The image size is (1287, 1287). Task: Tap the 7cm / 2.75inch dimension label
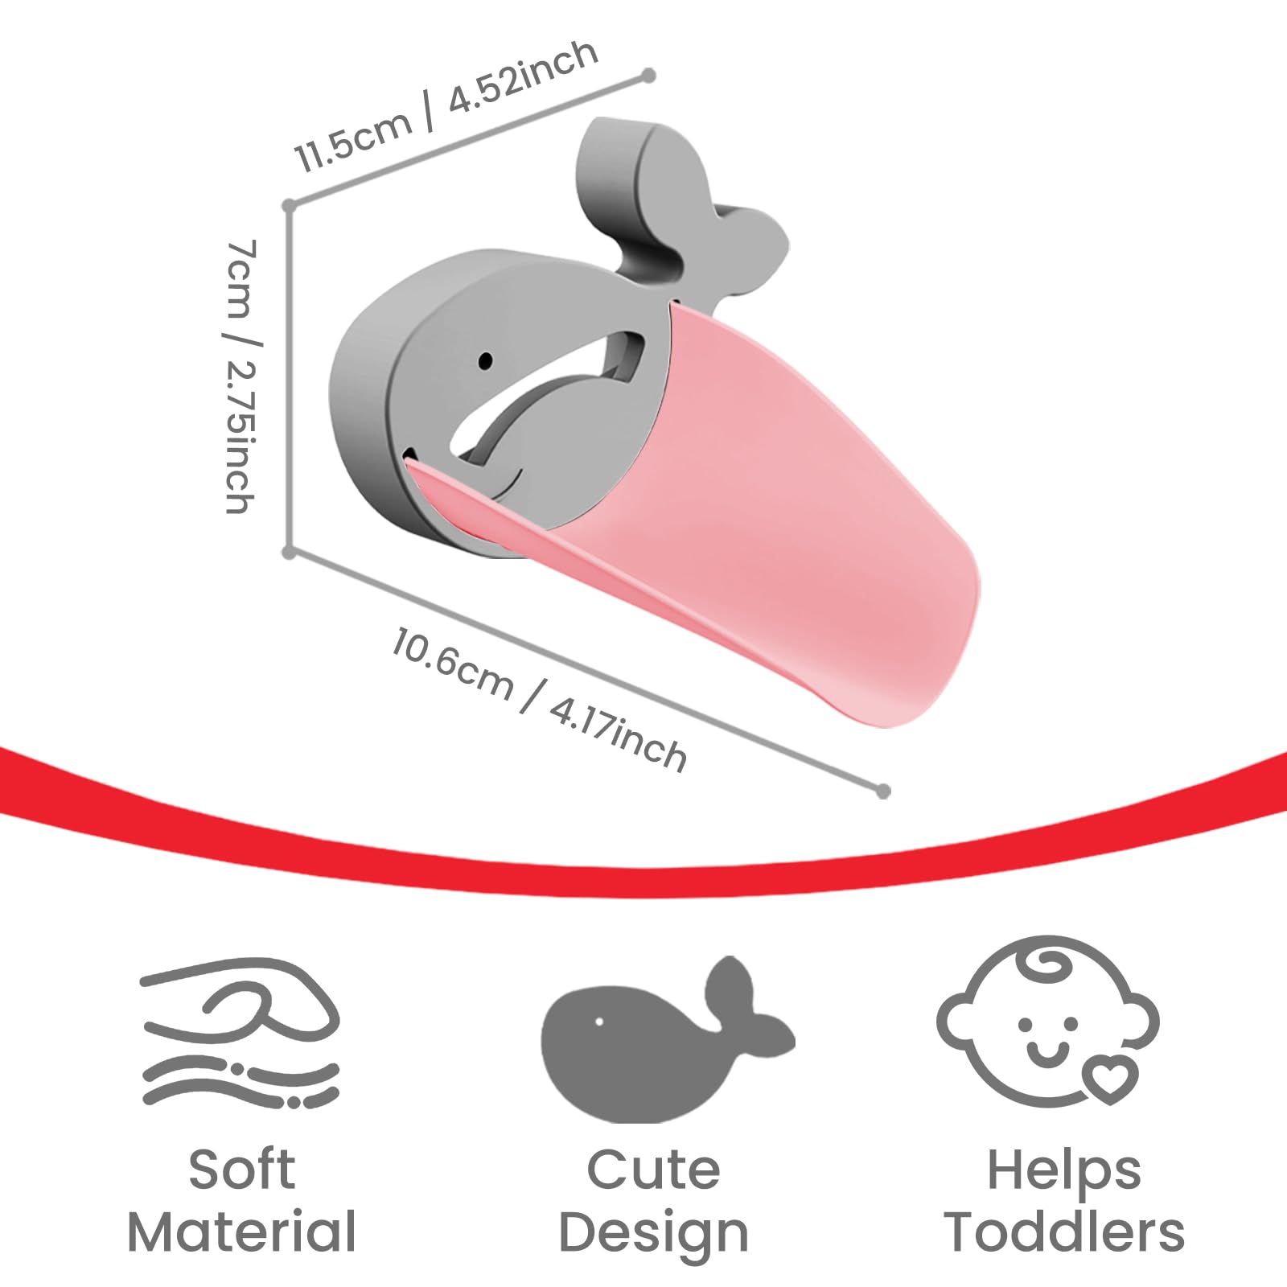point(241,376)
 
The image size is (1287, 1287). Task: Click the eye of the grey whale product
point(485,360)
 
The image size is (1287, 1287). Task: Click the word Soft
point(242,1170)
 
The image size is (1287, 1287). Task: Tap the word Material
point(242,1231)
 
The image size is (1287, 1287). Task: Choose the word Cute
point(653,1170)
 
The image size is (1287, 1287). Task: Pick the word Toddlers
point(1064,1231)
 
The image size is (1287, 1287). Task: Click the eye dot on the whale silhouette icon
point(598,1022)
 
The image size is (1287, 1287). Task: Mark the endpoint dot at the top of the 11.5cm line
point(648,76)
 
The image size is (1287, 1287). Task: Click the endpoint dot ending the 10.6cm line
point(883,792)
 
